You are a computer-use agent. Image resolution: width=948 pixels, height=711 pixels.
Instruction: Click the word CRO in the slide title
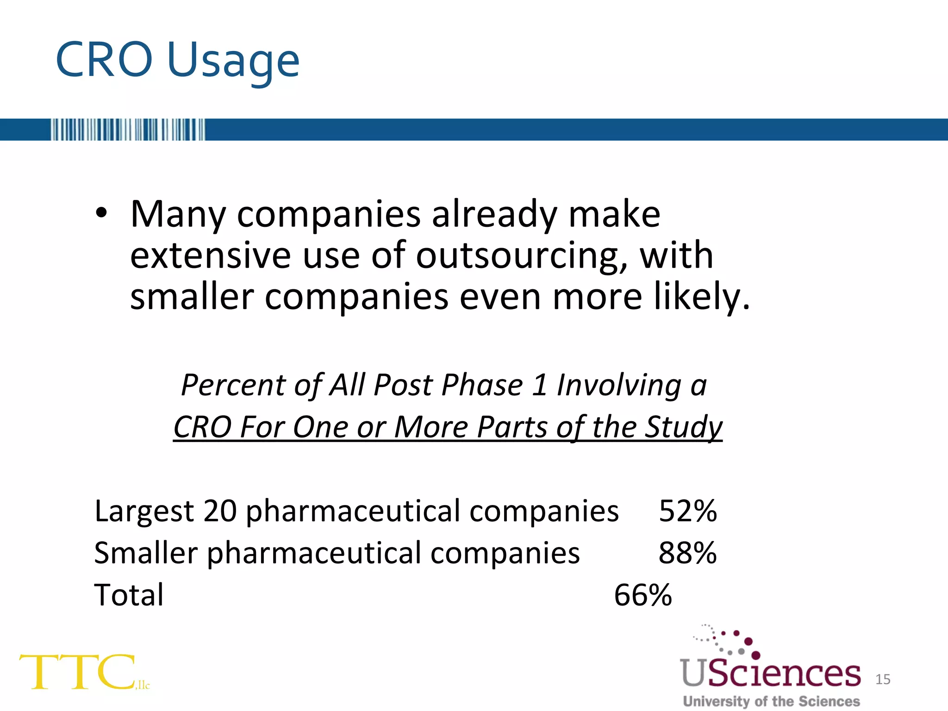104,60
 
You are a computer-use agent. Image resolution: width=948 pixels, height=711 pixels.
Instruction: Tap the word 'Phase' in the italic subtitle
482,385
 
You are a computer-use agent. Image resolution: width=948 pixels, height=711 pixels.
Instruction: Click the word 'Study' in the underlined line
684,427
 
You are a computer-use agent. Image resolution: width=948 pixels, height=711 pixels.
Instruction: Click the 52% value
687,511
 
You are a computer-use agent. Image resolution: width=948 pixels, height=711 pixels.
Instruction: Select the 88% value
687,553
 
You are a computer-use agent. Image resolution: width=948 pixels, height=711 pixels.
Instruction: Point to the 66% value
642,595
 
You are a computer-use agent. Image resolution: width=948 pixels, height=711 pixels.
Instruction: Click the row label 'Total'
129,595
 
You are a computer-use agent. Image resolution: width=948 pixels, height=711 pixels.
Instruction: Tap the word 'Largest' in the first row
144,512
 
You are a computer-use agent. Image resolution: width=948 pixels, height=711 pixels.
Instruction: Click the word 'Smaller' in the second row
146,553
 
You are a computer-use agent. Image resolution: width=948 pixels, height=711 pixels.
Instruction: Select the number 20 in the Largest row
219,511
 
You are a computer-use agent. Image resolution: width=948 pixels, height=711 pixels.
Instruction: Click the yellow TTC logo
79,672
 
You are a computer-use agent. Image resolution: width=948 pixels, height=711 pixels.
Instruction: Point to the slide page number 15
883,679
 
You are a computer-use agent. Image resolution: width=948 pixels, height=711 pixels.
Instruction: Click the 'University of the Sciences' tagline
771,701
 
